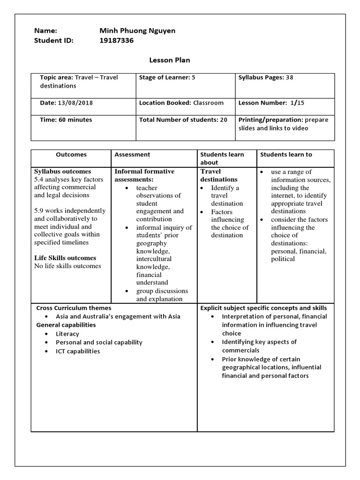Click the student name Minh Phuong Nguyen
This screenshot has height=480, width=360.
[137, 30]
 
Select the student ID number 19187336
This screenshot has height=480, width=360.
[116, 40]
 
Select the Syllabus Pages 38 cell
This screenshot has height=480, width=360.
[266, 77]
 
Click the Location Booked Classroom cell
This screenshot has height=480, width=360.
[181, 103]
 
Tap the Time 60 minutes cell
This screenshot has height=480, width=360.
[66, 120]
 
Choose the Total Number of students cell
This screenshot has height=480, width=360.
[183, 120]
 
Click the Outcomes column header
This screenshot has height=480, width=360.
[71, 154]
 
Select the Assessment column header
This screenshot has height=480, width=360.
[132, 154]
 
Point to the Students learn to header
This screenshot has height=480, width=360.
[286, 154]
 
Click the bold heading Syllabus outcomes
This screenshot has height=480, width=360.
[62, 172]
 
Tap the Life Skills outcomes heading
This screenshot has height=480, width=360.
[65, 258]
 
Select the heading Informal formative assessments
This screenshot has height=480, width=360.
[144, 175]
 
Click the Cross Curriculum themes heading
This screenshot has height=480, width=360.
[74, 308]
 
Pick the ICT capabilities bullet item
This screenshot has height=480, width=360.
[78, 351]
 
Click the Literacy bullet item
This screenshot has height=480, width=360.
[67, 334]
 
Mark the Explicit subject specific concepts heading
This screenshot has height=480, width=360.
[263, 308]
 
